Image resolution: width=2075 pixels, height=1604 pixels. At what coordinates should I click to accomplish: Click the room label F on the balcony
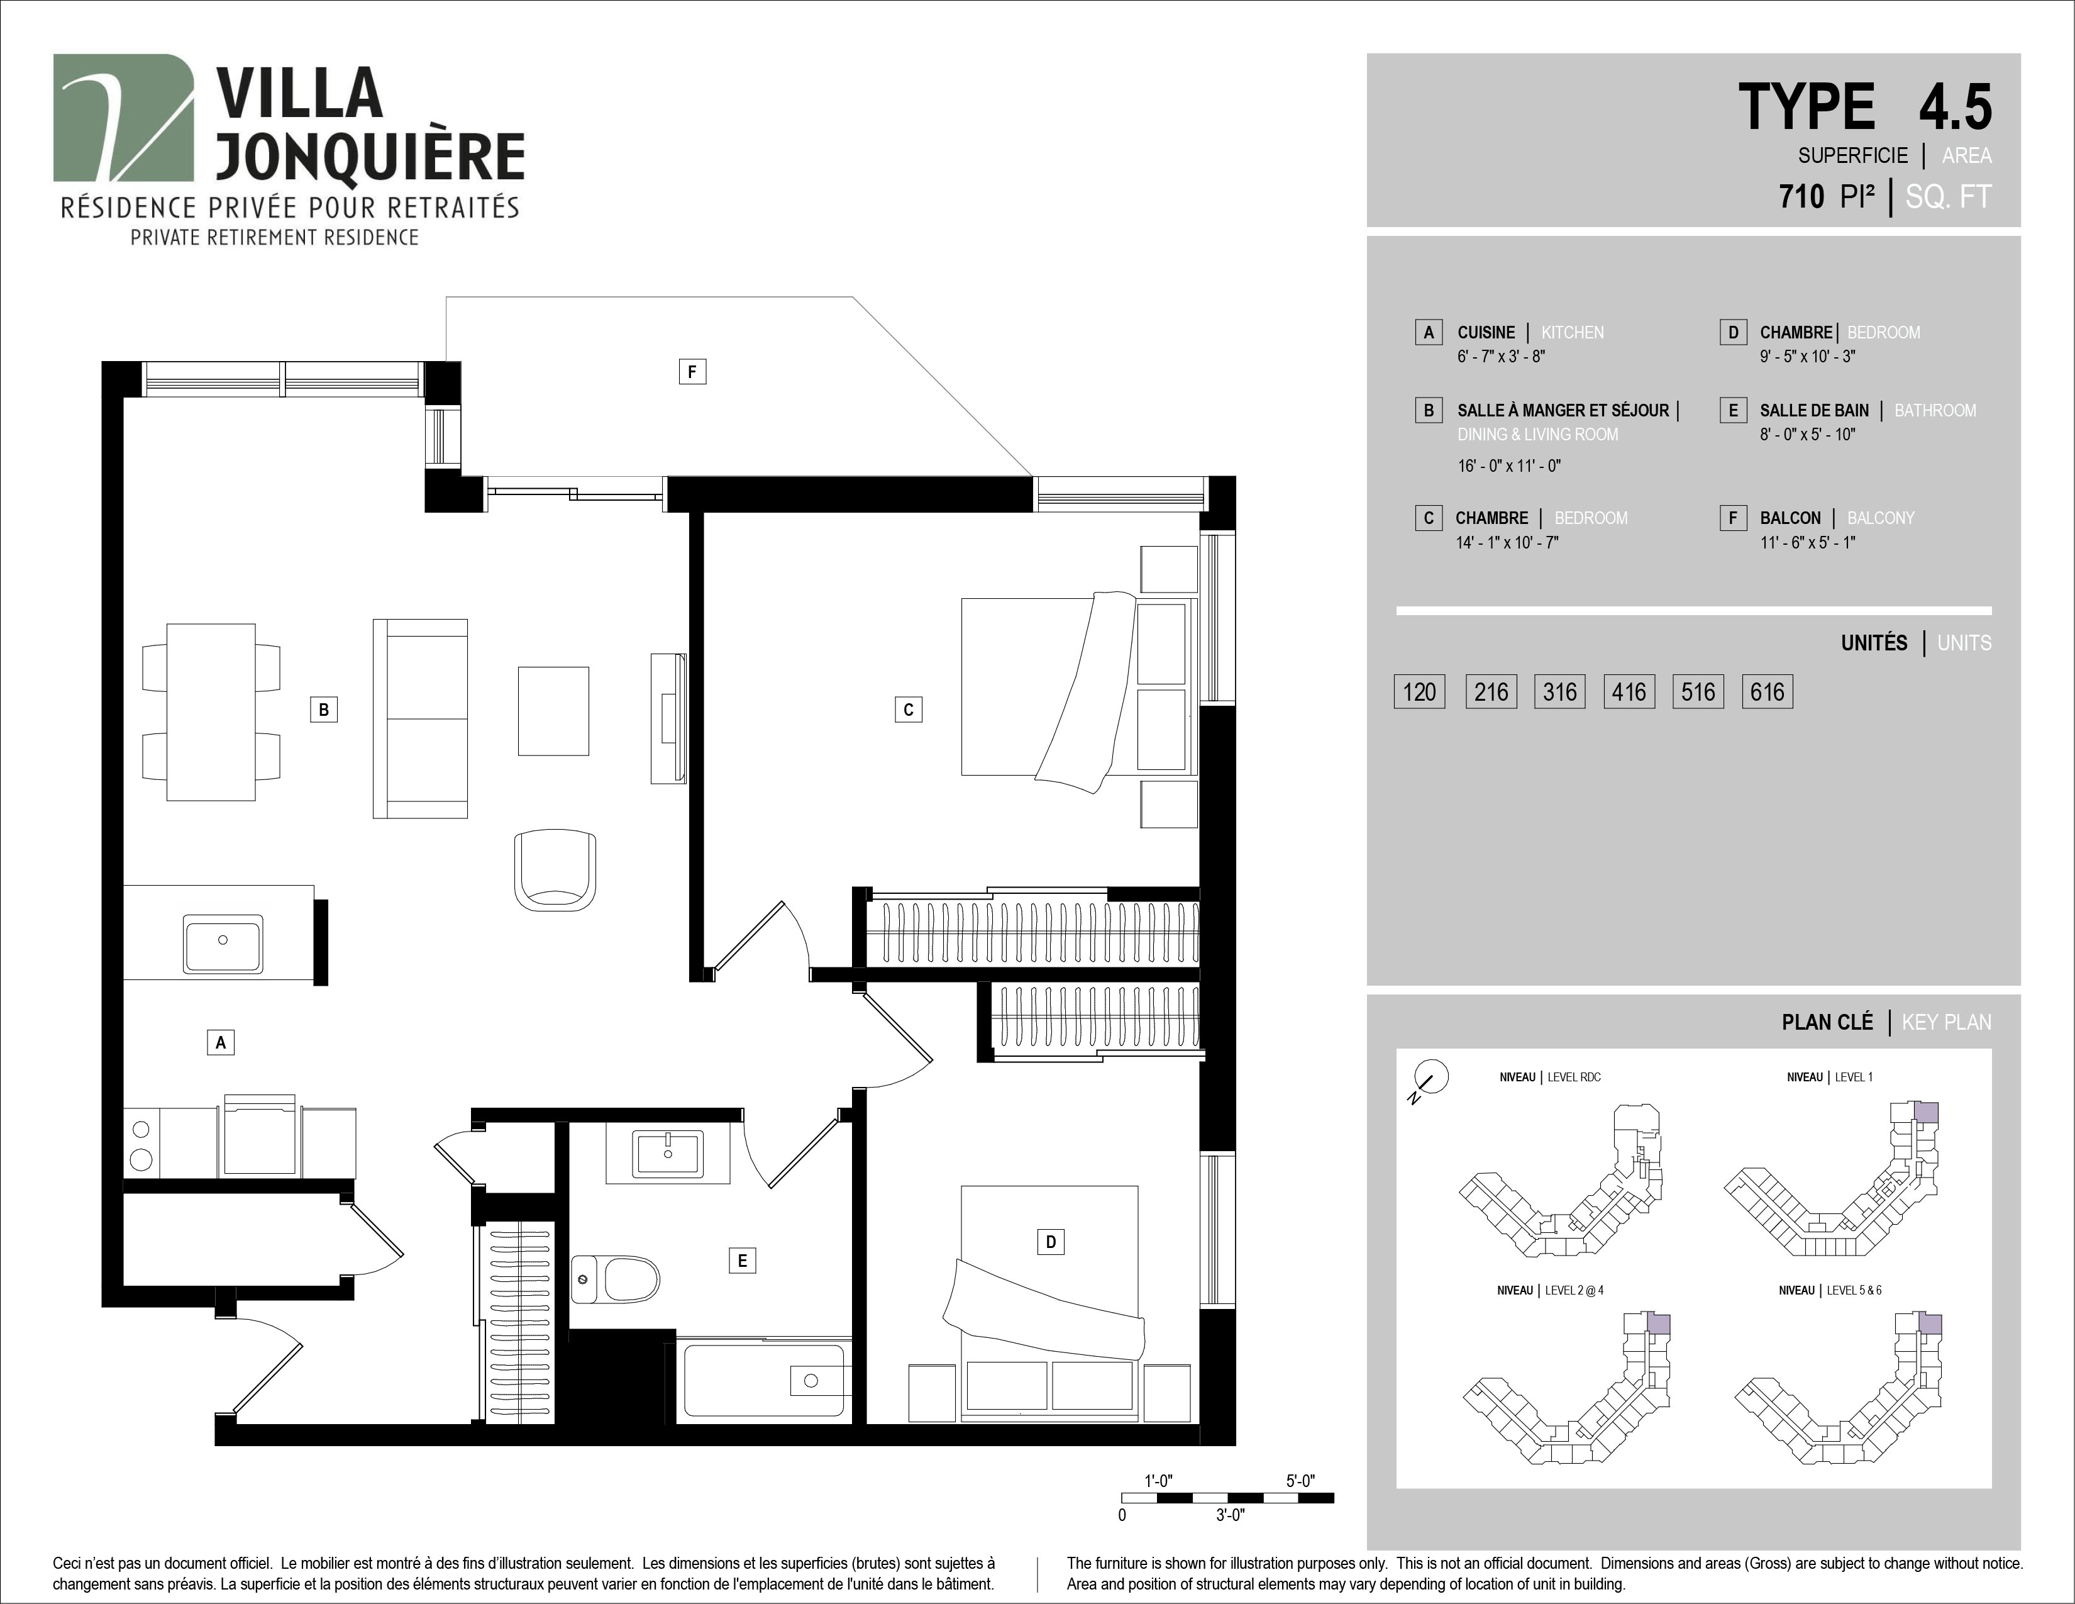tap(692, 372)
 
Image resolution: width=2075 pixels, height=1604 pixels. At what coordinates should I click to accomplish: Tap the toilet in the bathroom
tap(616, 1279)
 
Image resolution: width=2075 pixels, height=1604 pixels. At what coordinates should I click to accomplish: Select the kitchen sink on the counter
tap(223, 943)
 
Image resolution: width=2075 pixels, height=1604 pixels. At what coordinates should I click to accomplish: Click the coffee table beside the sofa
tap(553, 711)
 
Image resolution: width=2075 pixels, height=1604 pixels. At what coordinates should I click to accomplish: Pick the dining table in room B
tap(211, 711)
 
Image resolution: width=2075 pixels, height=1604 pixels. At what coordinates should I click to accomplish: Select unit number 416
tap(1629, 692)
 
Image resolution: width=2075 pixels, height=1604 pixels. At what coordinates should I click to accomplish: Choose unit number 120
tap(1419, 692)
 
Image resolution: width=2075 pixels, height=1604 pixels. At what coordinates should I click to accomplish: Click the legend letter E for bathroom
tap(1733, 411)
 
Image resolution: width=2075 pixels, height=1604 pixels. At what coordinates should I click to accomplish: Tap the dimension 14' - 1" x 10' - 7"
tap(1507, 543)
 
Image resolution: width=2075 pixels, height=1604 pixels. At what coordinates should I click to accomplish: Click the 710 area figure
tap(1801, 197)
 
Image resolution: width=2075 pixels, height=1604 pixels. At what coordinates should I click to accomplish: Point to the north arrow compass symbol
tap(1430, 1079)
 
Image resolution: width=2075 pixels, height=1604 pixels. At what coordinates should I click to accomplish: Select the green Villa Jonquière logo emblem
tap(123, 118)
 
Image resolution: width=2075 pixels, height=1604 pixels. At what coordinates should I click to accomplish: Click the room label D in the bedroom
tap(1050, 1241)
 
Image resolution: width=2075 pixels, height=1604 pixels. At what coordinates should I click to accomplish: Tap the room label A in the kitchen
tap(221, 1042)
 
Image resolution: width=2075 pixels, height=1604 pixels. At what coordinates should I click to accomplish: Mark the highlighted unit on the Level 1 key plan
tap(1925, 1113)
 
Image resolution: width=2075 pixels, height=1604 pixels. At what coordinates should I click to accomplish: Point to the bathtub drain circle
tap(811, 1381)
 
